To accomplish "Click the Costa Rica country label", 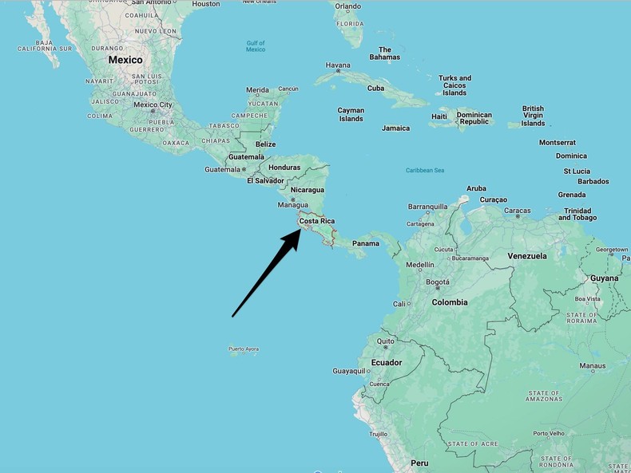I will pyautogui.click(x=316, y=221).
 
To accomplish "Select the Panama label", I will pyautogui.click(x=366, y=243).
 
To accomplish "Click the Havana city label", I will pyautogui.click(x=338, y=65).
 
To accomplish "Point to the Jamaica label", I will pyautogui.click(x=395, y=128).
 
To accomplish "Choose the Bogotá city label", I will pyautogui.click(x=438, y=282).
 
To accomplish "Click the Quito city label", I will pyautogui.click(x=386, y=341).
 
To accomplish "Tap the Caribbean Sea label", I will pyautogui.click(x=425, y=170).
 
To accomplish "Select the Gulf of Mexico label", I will pyautogui.click(x=256, y=45).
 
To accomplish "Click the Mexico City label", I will pyautogui.click(x=153, y=104).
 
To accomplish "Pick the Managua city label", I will pyautogui.click(x=292, y=205).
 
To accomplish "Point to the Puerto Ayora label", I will pyautogui.click(x=244, y=349).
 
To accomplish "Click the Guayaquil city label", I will pyautogui.click(x=349, y=371).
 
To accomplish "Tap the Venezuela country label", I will pyautogui.click(x=527, y=256).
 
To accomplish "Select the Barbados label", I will pyautogui.click(x=593, y=181).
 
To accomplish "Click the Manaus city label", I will pyautogui.click(x=592, y=366).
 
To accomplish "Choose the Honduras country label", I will pyautogui.click(x=284, y=168).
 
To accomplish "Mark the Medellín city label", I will pyautogui.click(x=420, y=264).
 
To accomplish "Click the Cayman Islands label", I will pyautogui.click(x=351, y=115).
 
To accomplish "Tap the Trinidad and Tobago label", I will pyautogui.click(x=577, y=214).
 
